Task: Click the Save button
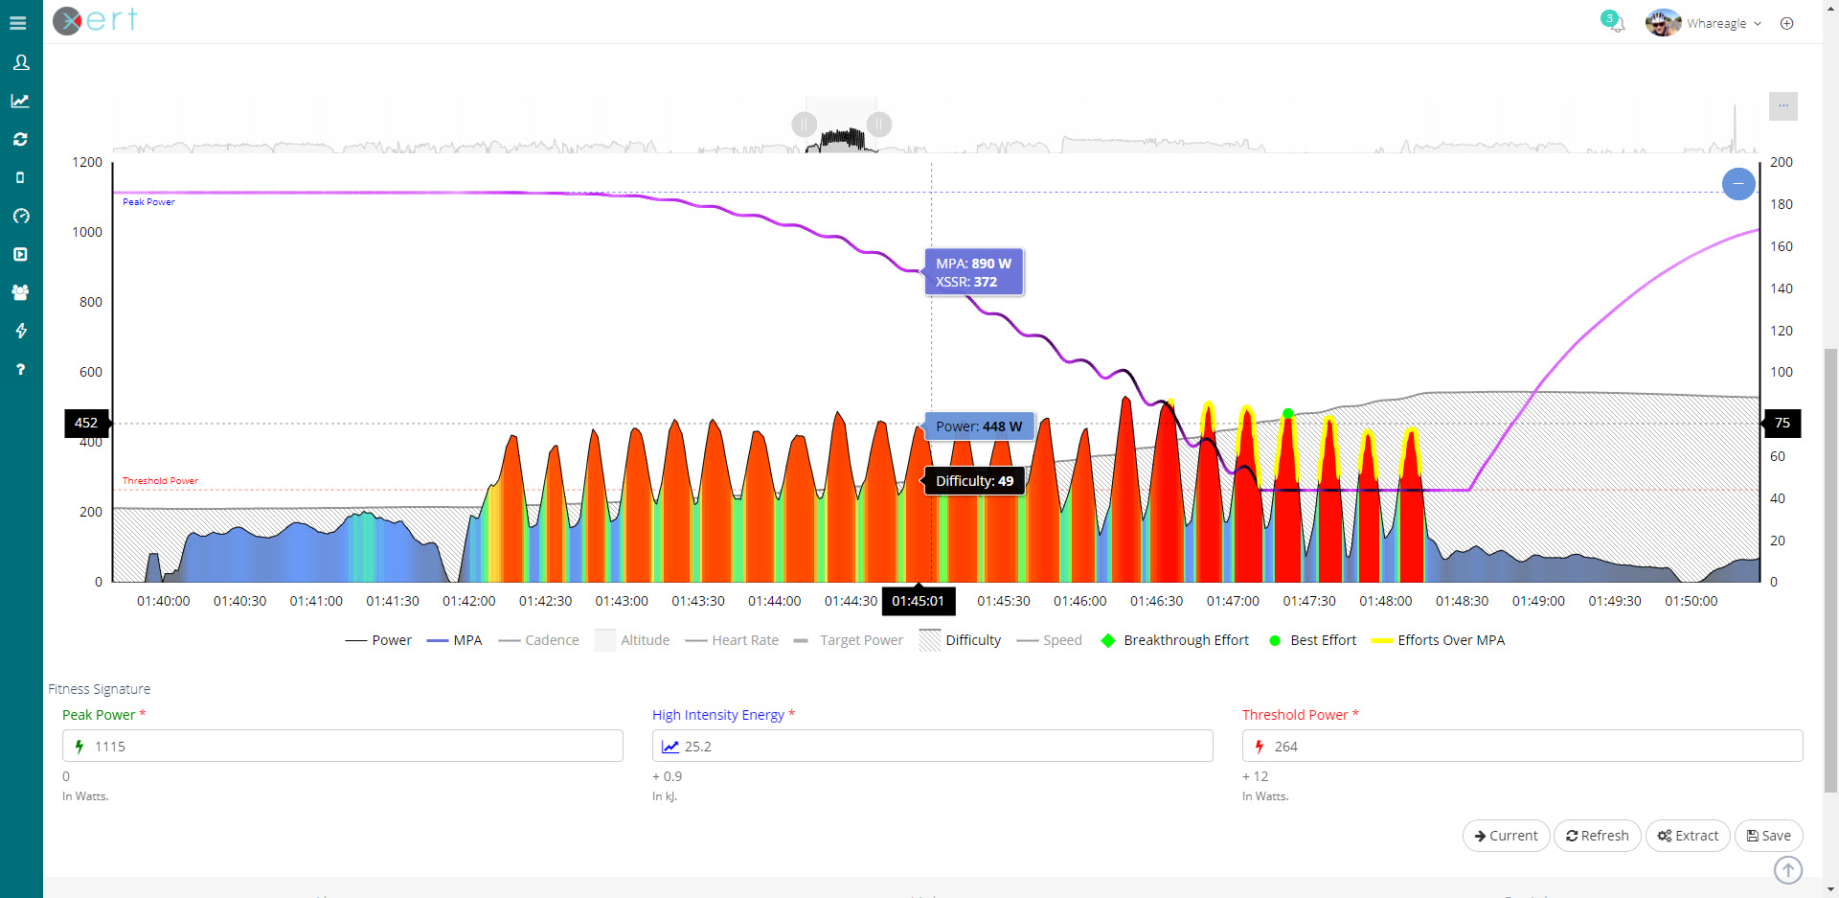pos(1768,836)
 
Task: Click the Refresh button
pos(1597,836)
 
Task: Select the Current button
pos(1506,836)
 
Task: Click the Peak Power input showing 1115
pos(343,747)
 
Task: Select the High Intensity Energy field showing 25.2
pos(932,747)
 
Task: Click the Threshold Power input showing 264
pos(1522,747)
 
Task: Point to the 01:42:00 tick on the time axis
pos(468,601)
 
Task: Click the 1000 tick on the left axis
pos(87,232)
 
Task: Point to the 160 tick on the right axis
pos(1781,246)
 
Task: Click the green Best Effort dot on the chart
pos(1287,414)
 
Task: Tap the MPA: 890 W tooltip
pos(973,272)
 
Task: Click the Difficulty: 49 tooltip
pos(974,481)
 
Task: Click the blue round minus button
pos(1737,183)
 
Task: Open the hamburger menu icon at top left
pos(18,23)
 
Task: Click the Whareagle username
pos(1715,23)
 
